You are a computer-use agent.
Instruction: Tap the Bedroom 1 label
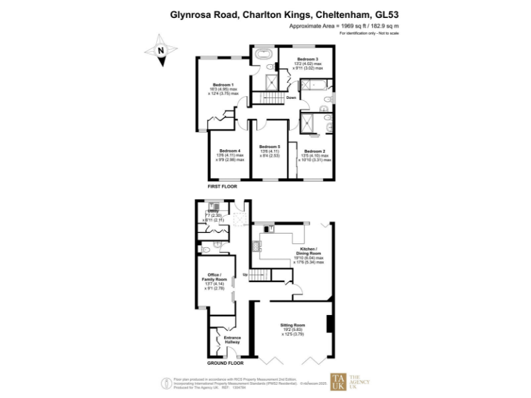(223, 84)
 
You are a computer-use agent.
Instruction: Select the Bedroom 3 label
(308, 59)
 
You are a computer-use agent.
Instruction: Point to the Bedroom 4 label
(230, 151)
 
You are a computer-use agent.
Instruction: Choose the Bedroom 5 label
(270, 146)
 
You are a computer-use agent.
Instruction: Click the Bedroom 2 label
(315, 151)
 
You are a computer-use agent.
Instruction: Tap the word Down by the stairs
(291, 97)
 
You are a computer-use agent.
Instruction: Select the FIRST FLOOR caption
(222, 187)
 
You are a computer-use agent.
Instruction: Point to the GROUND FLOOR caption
(226, 363)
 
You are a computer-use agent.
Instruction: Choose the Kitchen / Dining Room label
(308, 250)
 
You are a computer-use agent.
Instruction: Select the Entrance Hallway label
(232, 339)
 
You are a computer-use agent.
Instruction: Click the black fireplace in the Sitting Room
(330, 324)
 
